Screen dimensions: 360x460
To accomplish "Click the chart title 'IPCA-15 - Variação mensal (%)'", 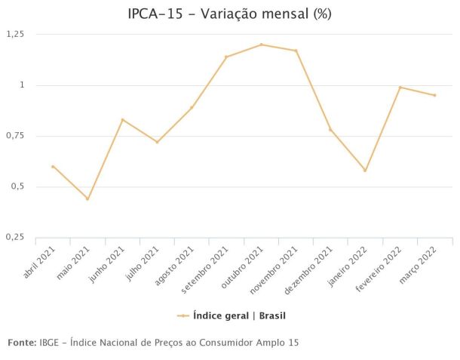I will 230,14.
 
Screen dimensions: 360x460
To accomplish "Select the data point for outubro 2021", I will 261,45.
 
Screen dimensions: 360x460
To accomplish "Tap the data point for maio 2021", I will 87,199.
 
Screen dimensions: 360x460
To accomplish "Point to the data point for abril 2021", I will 53,167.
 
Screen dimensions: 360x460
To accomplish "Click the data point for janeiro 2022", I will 365,171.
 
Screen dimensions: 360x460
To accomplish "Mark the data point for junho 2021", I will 122,120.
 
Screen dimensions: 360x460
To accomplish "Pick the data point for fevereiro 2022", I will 400,88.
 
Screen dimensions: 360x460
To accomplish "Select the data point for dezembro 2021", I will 330,130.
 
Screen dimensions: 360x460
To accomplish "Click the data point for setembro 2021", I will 226,57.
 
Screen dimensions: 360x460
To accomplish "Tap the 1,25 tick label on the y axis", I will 15,34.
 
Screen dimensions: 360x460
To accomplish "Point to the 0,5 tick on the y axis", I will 18,186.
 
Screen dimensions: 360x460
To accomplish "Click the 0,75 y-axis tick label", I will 15,136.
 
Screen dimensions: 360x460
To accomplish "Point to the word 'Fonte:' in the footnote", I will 22,343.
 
